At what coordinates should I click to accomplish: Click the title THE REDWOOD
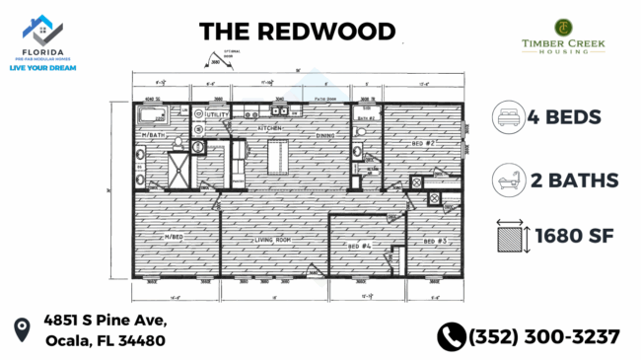pos(297,31)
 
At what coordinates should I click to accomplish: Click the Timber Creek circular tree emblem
pos(563,27)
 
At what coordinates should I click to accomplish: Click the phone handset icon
pos(451,336)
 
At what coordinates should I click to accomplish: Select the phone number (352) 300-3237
pos(545,336)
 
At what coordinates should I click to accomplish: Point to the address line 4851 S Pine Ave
pos(105,322)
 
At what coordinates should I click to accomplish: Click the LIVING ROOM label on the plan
pos(273,240)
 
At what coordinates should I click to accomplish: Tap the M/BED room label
pos(175,237)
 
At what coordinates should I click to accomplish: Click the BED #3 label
pos(435,241)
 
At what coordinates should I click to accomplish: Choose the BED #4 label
pos(360,245)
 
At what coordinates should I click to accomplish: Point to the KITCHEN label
pos(270,128)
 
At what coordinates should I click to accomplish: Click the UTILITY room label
pos(218,116)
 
